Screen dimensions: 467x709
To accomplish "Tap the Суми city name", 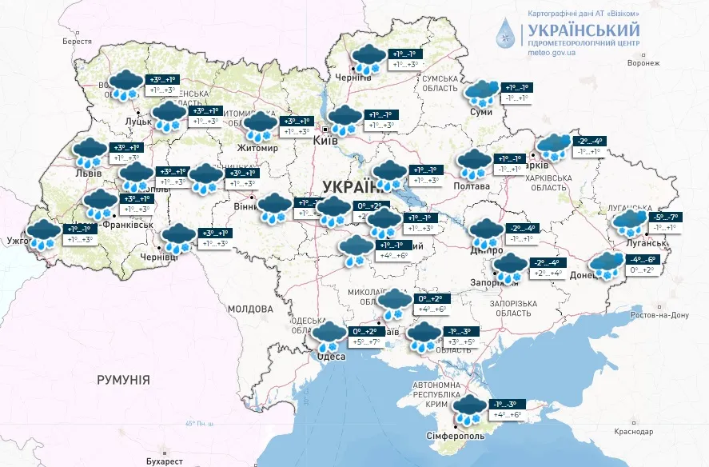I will point(482,113).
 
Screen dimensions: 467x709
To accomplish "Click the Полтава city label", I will point(472,186).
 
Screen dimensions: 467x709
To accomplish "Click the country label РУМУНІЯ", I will point(122,380).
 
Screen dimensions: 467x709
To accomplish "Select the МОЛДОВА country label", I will point(250,309).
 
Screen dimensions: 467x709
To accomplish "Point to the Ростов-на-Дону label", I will point(659,315).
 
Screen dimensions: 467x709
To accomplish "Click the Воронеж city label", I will point(644,62).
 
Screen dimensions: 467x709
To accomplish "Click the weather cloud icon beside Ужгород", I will point(44,236).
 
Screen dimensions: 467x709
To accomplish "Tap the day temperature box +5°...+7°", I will point(368,342).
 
